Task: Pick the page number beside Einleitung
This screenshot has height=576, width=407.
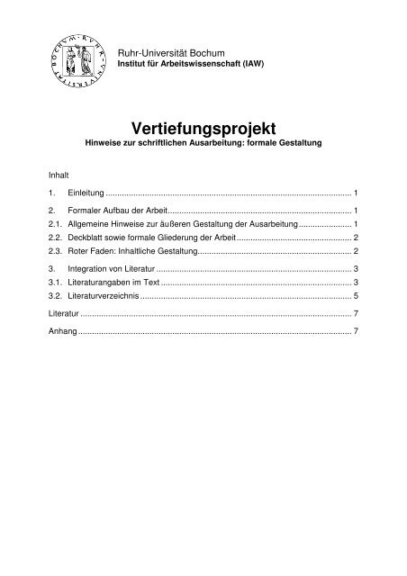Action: [x=357, y=193]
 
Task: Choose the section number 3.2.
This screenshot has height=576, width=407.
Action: [x=55, y=295]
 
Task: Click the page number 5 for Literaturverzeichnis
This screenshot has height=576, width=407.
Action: [x=357, y=295]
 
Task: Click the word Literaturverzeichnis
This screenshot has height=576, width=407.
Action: [x=104, y=295]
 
